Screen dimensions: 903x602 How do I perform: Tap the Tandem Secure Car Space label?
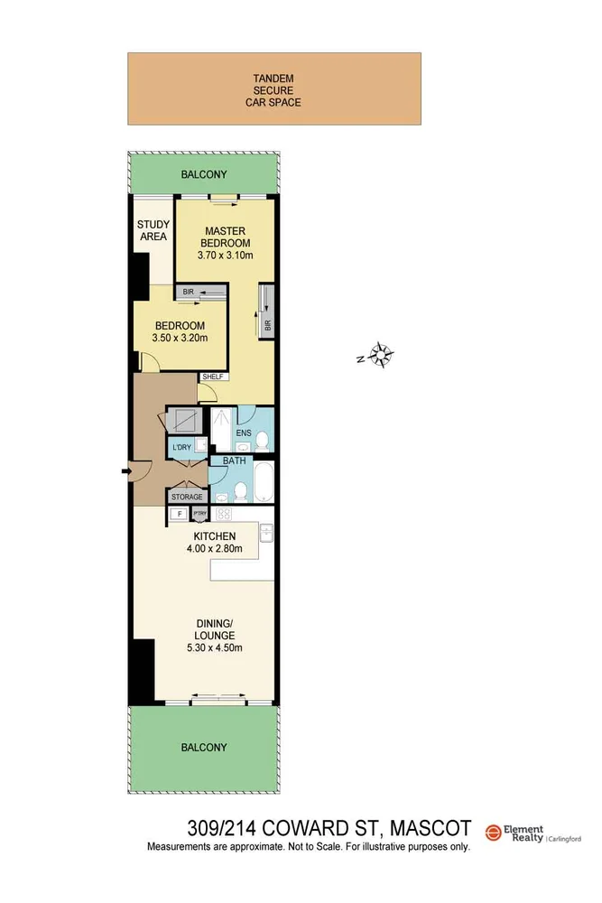pos(273,90)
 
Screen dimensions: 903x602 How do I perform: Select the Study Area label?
pos(153,230)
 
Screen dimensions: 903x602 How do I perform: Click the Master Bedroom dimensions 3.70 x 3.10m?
pos(225,256)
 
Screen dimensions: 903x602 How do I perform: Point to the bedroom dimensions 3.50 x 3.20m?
pos(181,339)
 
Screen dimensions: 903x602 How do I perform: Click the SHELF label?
pos(213,377)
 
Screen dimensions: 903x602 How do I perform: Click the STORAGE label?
pos(187,497)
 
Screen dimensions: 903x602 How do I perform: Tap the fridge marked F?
pos(179,515)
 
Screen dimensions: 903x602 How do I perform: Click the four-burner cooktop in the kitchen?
pos(223,515)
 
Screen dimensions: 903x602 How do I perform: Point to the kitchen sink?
pos(266,534)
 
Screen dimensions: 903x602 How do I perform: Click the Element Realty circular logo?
pos(494,833)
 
